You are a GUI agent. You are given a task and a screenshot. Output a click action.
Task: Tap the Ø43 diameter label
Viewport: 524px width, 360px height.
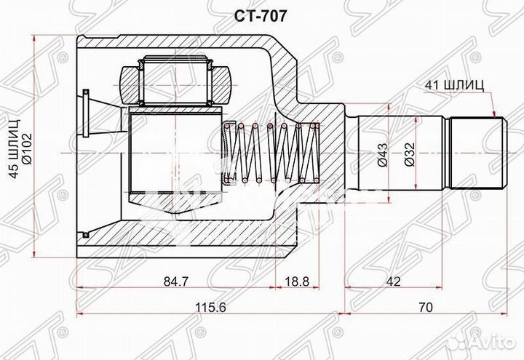(384, 155)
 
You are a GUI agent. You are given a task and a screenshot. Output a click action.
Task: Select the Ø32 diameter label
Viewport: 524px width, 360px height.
(410, 155)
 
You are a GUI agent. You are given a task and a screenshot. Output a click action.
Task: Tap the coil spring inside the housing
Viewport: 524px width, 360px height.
(269, 153)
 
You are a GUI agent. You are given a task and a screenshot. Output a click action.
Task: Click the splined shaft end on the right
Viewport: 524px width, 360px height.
(477, 153)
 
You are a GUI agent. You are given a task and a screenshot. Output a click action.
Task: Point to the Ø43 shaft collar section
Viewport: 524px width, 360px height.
(370, 153)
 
